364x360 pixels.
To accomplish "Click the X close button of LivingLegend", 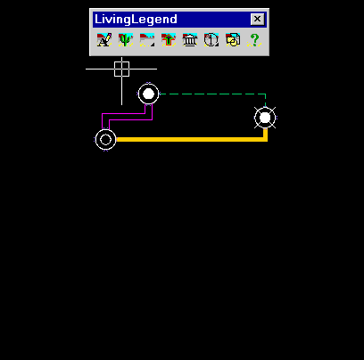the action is [x=257, y=20].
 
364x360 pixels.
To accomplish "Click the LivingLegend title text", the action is [x=136, y=20].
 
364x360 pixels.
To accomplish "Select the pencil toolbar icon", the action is [x=104, y=40].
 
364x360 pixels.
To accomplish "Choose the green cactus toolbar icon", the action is [x=126, y=40].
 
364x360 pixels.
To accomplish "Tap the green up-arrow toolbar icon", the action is [x=169, y=40].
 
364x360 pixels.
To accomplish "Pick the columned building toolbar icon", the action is [x=190, y=40].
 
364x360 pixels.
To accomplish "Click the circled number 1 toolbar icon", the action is [x=211, y=40].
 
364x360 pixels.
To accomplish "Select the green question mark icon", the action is [x=254, y=40].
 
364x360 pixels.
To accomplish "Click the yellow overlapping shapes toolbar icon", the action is [x=233, y=40].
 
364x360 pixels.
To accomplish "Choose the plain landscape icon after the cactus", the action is [x=147, y=40].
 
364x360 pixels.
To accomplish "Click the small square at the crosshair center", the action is [x=121, y=69].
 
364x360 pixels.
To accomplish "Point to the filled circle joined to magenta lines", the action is [x=149, y=94].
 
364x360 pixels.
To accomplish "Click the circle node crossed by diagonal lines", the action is [x=265, y=118].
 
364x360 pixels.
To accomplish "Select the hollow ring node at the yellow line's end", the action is [x=105, y=140].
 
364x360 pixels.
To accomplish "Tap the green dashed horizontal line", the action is [x=212, y=94].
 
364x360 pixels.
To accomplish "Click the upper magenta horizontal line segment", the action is [x=124, y=113].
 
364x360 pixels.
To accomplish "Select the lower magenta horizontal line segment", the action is [x=131, y=120].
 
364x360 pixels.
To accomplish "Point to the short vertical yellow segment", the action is [x=266, y=135].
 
